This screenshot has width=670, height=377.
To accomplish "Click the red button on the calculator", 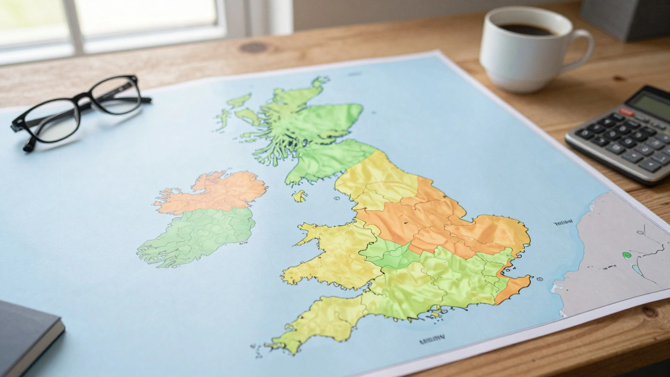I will (x=627, y=112).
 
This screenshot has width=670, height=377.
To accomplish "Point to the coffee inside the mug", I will (x=525, y=29).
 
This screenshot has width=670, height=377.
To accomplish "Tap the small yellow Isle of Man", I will (x=299, y=196).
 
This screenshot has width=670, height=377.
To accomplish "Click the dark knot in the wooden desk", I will (x=253, y=47).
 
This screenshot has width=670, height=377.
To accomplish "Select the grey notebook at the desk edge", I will (x=26, y=335).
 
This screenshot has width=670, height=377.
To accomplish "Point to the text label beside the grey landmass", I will (x=563, y=223).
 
